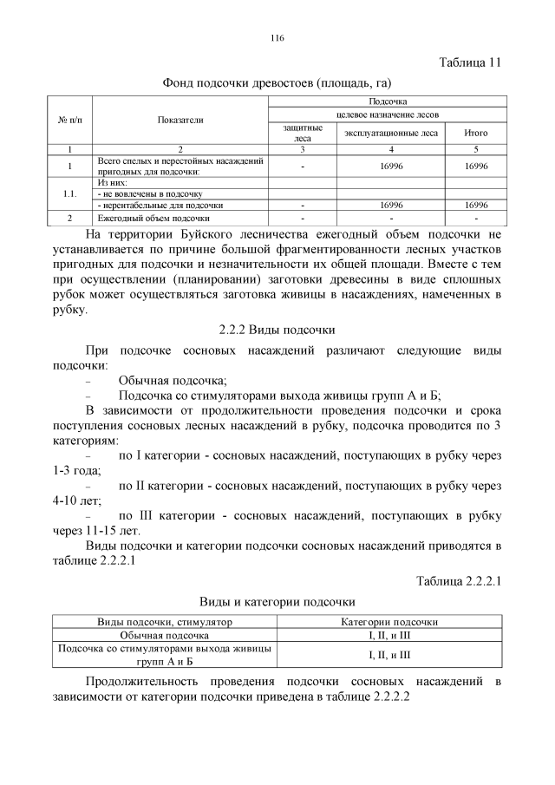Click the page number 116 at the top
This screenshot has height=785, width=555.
coord(277,38)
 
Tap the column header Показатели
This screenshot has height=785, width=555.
coord(180,120)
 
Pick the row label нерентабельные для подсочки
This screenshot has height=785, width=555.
coord(149,206)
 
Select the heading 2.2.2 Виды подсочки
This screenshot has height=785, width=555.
coord(277,330)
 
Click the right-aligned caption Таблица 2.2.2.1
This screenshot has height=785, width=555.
coord(460,580)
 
